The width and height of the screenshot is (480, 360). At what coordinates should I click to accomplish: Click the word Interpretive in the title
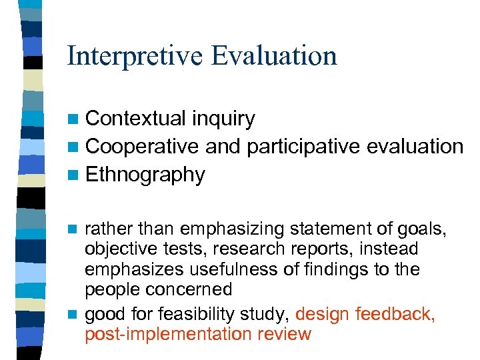(x=134, y=55)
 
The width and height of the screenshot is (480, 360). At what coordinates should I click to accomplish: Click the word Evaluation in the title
(x=275, y=55)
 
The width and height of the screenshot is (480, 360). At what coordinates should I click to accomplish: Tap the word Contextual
(x=136, y=119)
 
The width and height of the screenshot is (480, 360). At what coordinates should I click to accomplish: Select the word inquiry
(x=223, y=119)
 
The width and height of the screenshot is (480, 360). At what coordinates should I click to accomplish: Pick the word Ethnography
(x=145, y=175)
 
